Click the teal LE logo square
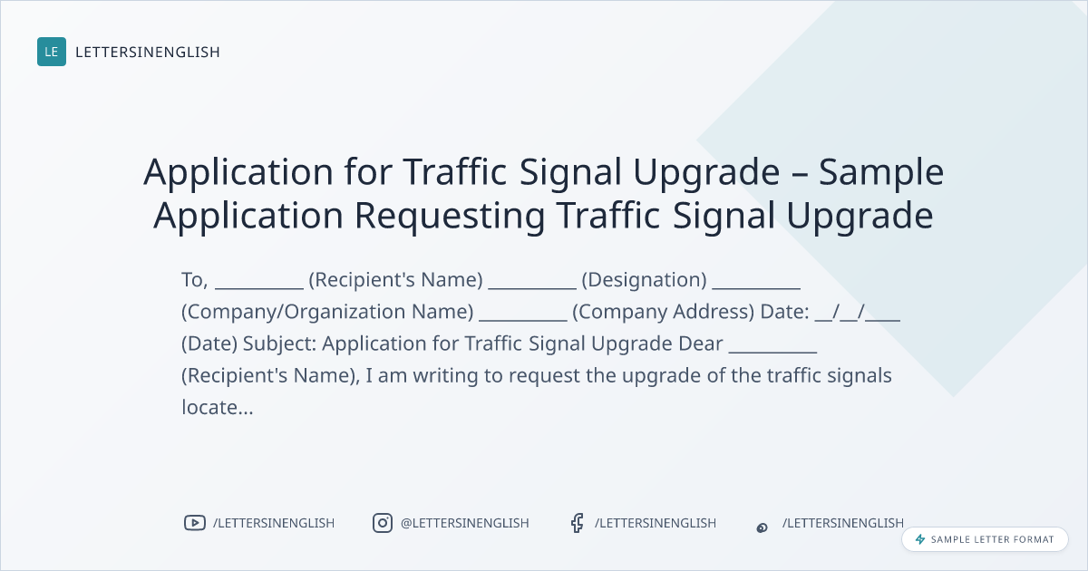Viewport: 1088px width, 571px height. coord(52,52)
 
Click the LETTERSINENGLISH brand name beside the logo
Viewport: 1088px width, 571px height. coord(148,52)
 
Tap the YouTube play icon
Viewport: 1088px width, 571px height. coord(195,523)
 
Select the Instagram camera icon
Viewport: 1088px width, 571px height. coord(383,523)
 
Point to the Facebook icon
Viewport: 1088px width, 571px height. coord(577,523)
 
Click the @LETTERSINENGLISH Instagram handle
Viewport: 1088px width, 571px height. coord(464,523)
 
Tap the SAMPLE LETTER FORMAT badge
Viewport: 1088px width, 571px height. coord(985,539)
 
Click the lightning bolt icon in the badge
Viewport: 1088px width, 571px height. coord(920,539)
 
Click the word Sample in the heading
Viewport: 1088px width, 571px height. coord(881,172)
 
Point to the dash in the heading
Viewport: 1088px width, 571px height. coord(800,174)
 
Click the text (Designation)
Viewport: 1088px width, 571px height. coord(644,280)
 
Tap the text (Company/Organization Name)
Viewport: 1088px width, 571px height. coord(327,312)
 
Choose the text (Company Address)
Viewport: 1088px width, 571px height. coord(664,312)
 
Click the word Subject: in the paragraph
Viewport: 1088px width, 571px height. coord(280,344)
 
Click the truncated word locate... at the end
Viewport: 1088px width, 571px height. coord(218,407)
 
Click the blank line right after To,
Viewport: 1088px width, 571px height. coord(259,288)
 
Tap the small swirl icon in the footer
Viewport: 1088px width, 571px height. coord(763,527)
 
